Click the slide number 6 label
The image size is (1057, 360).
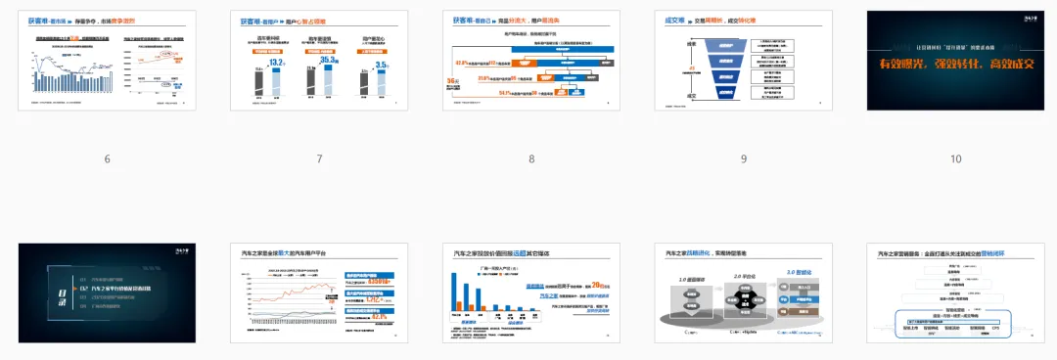pyautogui.click(x=107, y=159)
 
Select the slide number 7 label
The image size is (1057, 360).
pyautogui.click(x=319, y=159)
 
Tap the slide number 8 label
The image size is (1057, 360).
pyautogui.click(x=531, y=159)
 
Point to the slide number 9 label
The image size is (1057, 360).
pyautogui.click(x=744, y=159)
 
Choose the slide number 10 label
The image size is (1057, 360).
pyautogui.click(x=955, y=159)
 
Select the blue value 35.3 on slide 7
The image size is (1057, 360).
pyautogui.click(x=328, y=60)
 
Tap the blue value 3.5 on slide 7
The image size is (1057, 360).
pyautogui.click(x=383, y=65)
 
